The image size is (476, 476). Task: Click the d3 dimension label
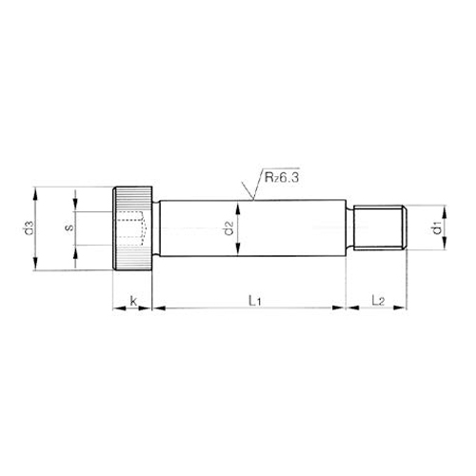30,228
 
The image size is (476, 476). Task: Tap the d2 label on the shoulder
228,228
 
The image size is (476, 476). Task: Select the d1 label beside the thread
436,228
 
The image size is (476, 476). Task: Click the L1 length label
254,301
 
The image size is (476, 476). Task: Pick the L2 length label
378,301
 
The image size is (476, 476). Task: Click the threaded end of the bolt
383,228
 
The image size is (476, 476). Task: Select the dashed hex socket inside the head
131,228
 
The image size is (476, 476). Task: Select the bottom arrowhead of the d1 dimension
444,248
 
